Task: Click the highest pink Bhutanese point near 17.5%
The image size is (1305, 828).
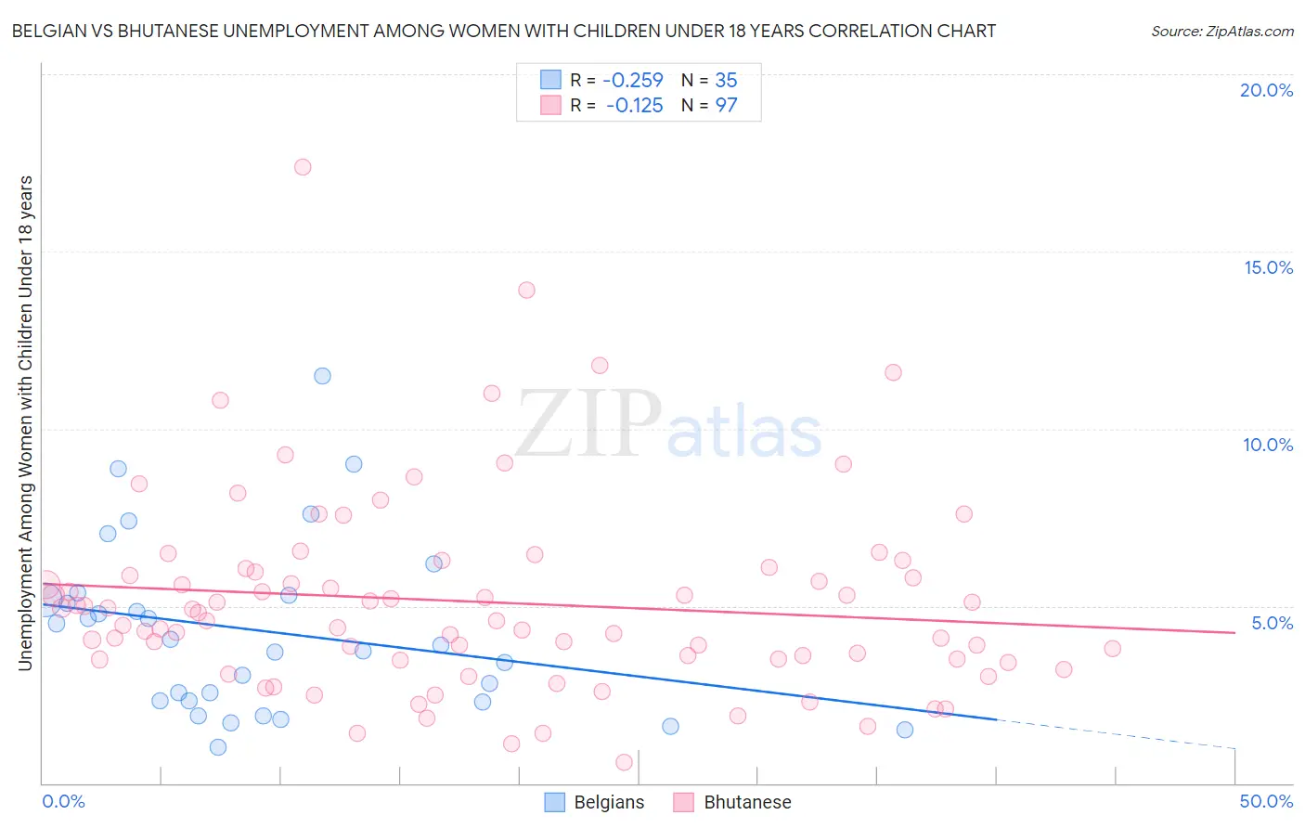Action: (303, 167)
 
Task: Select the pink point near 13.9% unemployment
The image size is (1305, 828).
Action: (526, 290)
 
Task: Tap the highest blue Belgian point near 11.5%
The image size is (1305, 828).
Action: (322, 376)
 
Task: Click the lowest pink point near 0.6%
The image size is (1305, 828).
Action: (624, 762)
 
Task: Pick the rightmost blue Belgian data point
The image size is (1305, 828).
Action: (905, 730)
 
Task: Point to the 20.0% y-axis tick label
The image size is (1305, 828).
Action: (1266, 90)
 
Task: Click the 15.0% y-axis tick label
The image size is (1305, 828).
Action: (1268, 267)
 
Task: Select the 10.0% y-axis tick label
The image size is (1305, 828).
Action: (1268, 445)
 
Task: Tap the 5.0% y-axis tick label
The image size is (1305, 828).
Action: (1272, 623)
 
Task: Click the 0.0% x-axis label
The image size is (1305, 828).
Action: (63, 801)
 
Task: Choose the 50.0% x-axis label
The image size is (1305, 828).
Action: (1265, 801)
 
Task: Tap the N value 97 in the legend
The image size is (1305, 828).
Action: (726, 106)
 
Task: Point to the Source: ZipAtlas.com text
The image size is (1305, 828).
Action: (1221, 31)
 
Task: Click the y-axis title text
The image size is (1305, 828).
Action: (25, 422)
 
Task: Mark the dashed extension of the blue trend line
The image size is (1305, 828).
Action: (1114, 733)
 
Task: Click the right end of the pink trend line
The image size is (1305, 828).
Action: (1234, 632)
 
